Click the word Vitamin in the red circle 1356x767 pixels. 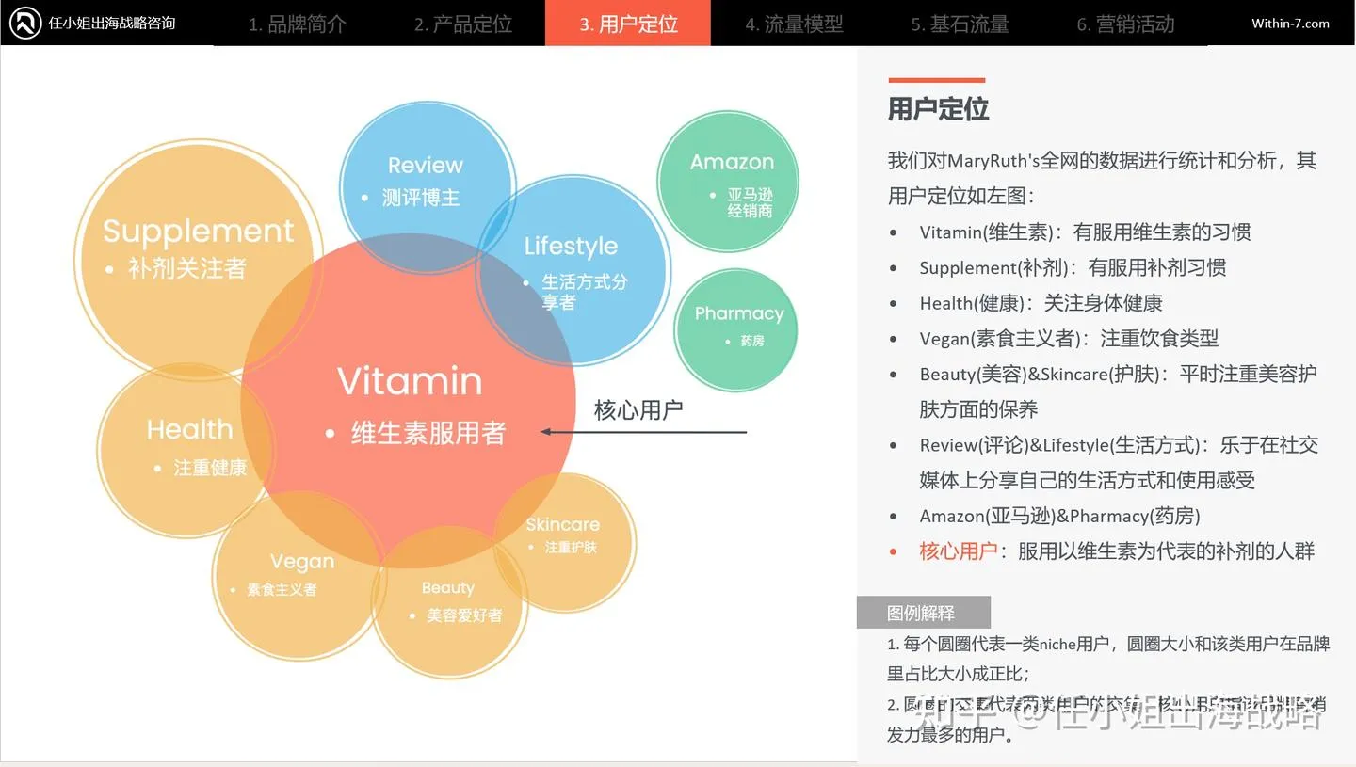pyautogui.click(x=410, y=381)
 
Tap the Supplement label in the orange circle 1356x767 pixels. pyautogui.click(x=198, y=231)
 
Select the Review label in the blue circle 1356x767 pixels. pyautogui.click(x=425, y=166)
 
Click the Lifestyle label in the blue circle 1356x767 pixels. pyautogui.click(x=571, y=247)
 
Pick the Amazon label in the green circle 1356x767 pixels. pyautogui.click(x=732, y=162)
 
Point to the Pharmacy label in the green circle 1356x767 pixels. pyautogui.click(x=738, y=313)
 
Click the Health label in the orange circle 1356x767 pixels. pyautogui.click(x=189, y=430)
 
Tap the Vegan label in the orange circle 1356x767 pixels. pyautogui.click(x=301, y=562)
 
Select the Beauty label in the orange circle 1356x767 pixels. pyautogui.click(x=447, y=588)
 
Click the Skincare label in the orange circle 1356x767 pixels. pyautogui.click(x=562, y=525)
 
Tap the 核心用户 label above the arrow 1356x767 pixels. pyautogui.click(x=638, y=410)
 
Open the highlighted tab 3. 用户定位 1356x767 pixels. pyautogui.click(x=628, y=24)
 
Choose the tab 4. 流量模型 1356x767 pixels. pyautogui.click(x=794, y=24)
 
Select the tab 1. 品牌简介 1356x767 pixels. pyautogui.click(x=297, y=24)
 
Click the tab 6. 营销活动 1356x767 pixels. pyautogui.click(x=1125, y=24)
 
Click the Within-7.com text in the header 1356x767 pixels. pyautogui.click(x=1290, y=24)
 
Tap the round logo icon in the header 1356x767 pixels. pyautogui.click(x=24, y=23)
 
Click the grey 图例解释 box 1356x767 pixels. pyautogui.click(x=922, y=613)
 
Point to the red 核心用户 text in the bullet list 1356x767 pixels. pyautogui.click(x=958, y=551)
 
